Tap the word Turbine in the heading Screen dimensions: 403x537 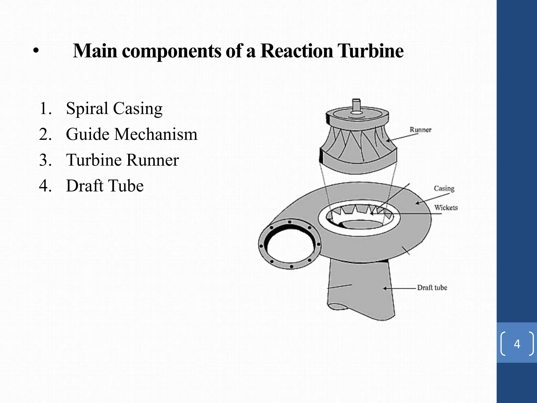point(370,51)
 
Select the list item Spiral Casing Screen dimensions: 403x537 point(114,109)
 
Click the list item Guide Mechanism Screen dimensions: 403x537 point(131,134)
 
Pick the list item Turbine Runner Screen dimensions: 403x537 point(122,160)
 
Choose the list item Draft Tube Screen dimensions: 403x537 point(105,186)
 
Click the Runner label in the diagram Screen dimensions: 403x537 point(420,130)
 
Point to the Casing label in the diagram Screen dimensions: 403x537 point(444,188)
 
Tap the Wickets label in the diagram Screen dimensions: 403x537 point(446,208)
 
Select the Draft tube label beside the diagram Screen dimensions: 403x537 point(432,288)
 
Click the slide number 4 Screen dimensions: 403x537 point(517,344)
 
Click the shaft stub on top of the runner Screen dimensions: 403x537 point(356,105)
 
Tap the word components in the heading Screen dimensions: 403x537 point(172,51)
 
